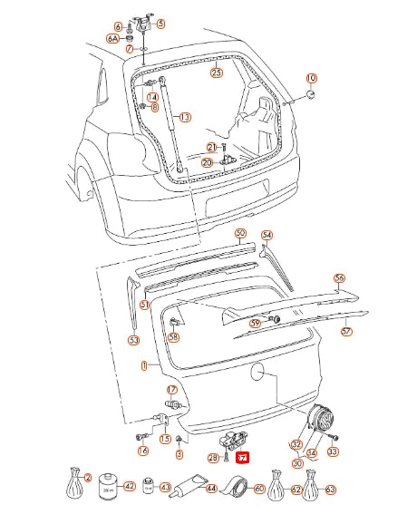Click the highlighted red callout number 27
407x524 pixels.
tap(242, 459)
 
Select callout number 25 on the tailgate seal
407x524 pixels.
tap(216, 73)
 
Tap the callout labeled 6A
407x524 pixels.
tap(113, 39)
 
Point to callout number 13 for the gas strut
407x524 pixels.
tap(184, 117)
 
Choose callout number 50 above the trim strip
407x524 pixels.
tap(240, 233)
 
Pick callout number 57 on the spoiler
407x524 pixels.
tap(345, 332)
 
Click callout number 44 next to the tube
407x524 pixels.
tap(210, 489)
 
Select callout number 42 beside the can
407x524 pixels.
tap(129, 487)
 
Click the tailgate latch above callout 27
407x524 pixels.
tap(237, 442)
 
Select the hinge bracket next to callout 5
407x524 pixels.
tap(142, 22)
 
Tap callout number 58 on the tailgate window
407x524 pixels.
tap(173, 336)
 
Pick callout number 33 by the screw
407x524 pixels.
tap(332, 451)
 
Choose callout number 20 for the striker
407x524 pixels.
tap(207, 162)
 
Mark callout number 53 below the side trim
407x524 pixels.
tap(133, 341)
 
